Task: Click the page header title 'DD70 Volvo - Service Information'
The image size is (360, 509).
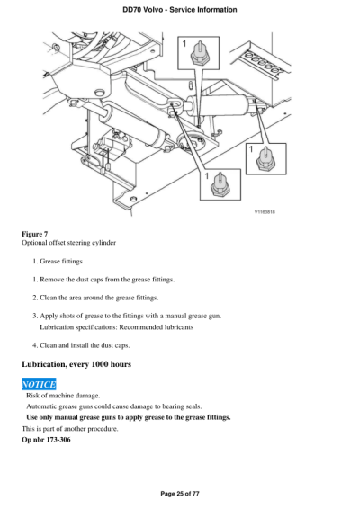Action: coord(180,9)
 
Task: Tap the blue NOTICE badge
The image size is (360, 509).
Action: coord(39,385)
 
